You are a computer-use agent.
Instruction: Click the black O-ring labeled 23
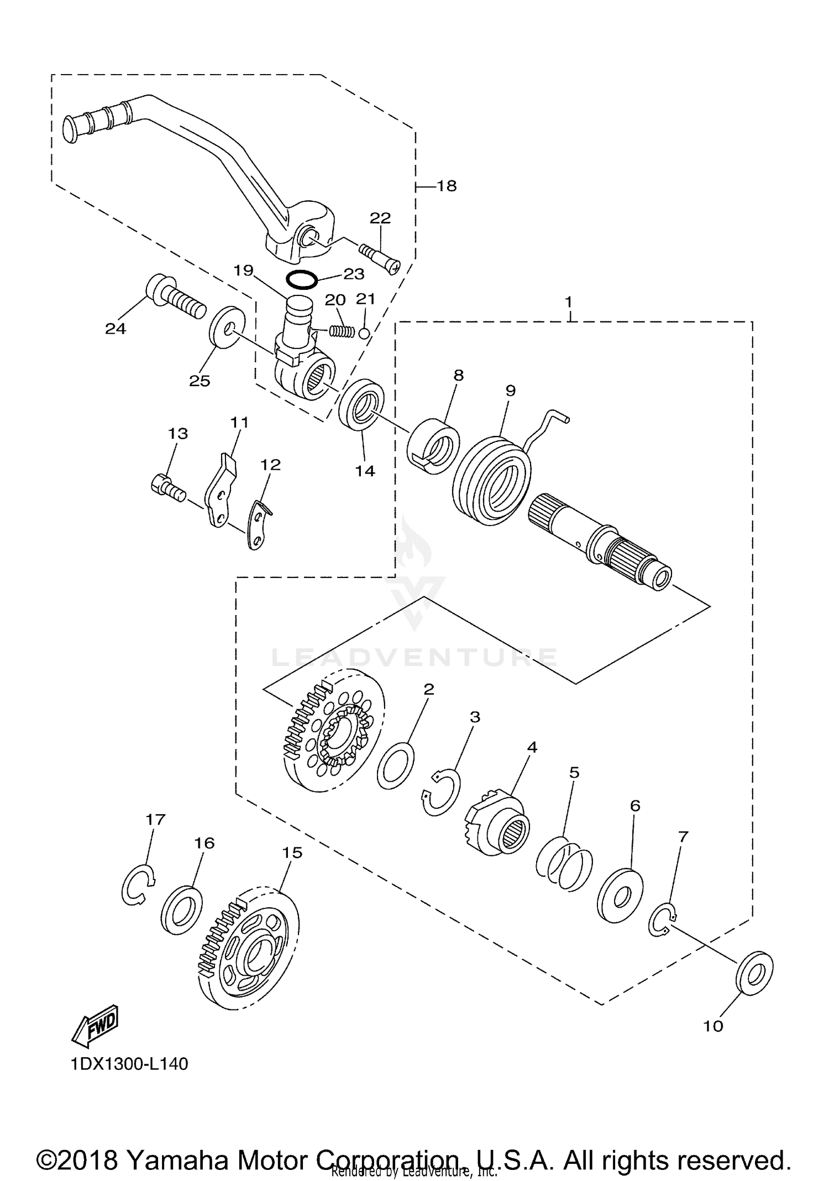pyautogui.click(x=301, y=280)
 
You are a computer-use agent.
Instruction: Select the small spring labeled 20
pyautogui.click(x=342, y=331)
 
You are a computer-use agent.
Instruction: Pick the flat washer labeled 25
pyautogui.click(x=227, y=327)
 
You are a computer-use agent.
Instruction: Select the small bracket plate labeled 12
pyautogui.click(x=257, y=524)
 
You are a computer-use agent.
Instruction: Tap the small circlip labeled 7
pyautogui.click(x=663, y=921)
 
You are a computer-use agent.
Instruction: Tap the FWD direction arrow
pyautogui.click(x=96, y=1024)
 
